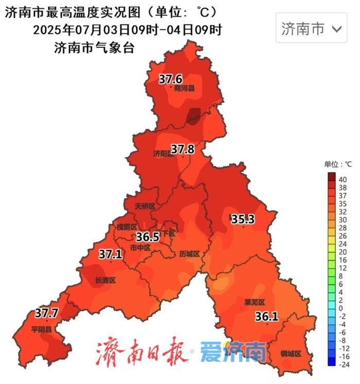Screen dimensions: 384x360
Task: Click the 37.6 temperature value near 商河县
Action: [170, 80]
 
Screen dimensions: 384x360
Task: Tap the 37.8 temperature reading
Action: [183, 149]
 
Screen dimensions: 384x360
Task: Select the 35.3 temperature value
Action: [243, 220]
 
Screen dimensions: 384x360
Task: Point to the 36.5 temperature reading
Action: [148, 237]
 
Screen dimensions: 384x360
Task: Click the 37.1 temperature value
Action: [111, 254]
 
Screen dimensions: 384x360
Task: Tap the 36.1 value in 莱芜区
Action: [266, 317]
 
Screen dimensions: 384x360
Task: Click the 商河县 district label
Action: [184, 89]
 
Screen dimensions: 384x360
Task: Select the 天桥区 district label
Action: [145, 206]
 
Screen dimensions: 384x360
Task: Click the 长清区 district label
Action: [105, 281]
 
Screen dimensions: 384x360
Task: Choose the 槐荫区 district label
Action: [127, 227]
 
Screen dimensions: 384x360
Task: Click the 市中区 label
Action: [140, 248]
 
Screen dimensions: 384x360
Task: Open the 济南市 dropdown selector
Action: [311, 28]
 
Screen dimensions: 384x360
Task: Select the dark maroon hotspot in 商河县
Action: [194, 116]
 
